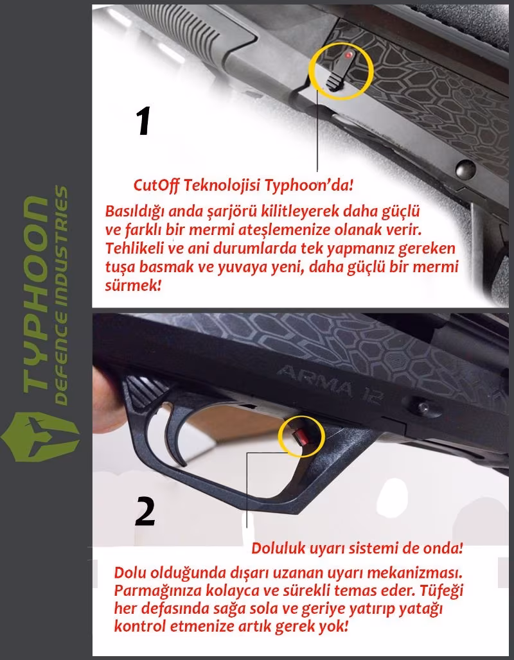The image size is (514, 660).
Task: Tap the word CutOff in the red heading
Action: (156, 185)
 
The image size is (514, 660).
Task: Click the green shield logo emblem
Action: (40, 437)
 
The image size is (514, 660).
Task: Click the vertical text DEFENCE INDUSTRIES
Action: (60, 295)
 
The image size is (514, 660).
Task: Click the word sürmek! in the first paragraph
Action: (133, 286)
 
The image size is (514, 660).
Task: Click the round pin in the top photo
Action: (466, 169)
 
